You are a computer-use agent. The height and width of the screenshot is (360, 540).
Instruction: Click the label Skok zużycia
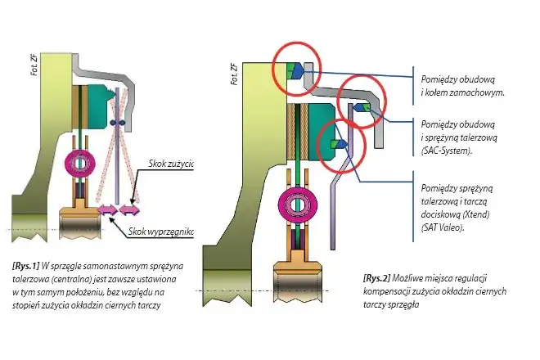(x=171, y=164)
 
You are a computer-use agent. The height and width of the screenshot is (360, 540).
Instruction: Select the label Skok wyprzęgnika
(x=163, y=232)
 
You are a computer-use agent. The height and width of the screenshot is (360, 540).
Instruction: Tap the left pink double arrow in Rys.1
(x=108, y=211)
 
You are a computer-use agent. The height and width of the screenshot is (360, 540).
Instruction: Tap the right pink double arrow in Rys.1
(x=130, y=211)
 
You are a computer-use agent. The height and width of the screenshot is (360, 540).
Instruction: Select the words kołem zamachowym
(x=461, y=93)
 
